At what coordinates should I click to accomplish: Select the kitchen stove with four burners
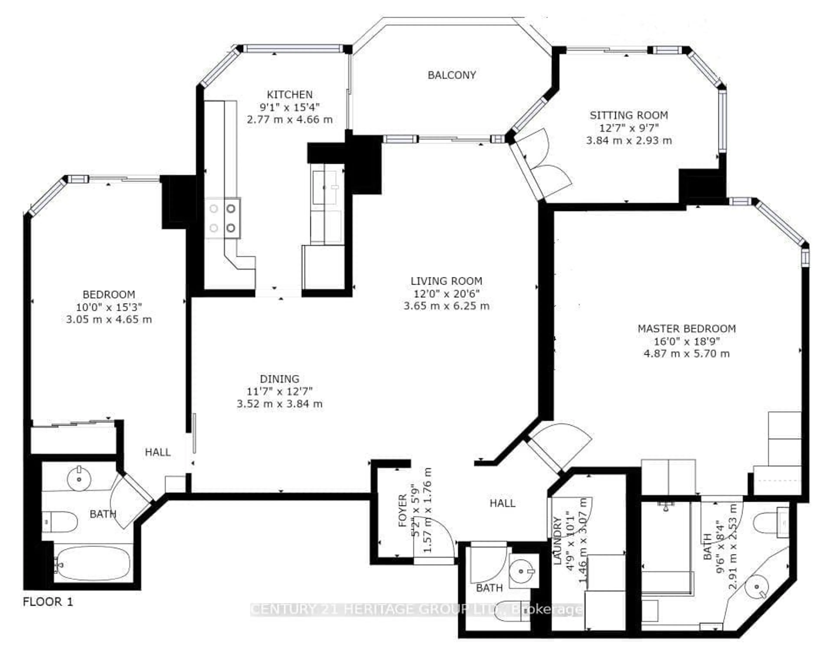tap(223, 218)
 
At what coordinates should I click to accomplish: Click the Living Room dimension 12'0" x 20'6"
tap(446, 294)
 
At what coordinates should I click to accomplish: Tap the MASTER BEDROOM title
tap(686, 329)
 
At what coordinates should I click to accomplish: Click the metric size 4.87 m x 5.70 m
tap(686, 353)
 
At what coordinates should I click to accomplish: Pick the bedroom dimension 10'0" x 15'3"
tap(109, 307)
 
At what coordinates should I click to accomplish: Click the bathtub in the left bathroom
tap(94, 564)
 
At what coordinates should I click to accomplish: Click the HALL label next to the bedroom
tap(157, 452)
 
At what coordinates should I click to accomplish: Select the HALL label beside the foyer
tap(502, 503)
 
